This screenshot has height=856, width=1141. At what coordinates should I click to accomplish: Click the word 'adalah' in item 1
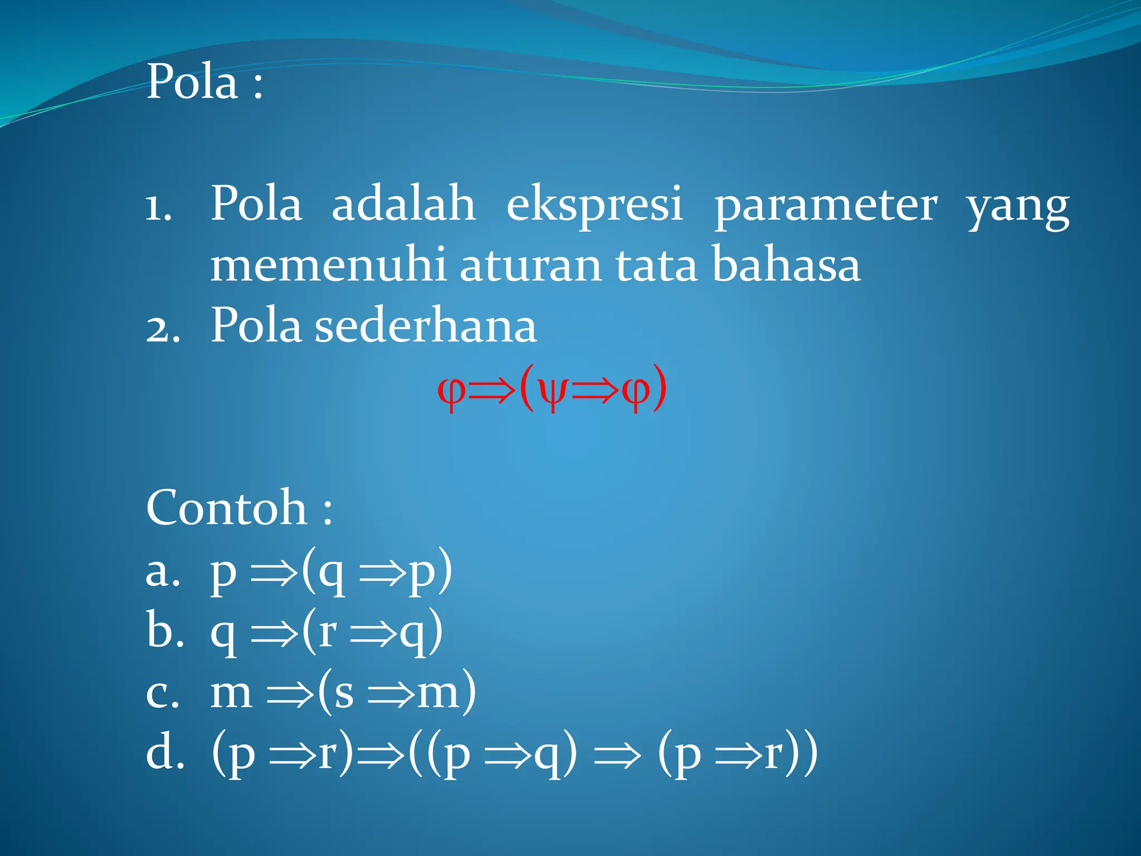click(403, 203)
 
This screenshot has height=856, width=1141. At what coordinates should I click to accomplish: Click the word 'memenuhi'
click(328, 265)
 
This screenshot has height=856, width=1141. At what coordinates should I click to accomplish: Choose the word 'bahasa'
click(786, 265)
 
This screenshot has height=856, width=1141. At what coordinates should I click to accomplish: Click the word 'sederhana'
click(426, 325)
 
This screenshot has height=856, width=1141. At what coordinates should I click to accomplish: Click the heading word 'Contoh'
click(226, 508)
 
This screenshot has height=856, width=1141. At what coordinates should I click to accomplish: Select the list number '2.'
click(163, 329)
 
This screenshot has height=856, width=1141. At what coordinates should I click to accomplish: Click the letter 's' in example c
click(344, 693)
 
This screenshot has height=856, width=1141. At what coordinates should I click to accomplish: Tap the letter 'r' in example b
click(328, 632)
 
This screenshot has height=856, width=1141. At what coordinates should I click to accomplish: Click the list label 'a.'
click(163, 572)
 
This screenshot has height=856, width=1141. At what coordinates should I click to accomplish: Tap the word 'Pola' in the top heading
click(192, 82)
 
